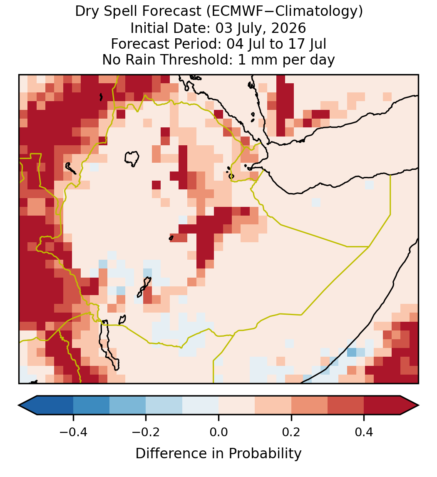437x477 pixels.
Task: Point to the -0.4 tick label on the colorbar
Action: pyautogui.click(x=73, y=432)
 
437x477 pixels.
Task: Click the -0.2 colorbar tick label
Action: pyautogui.click(x=146, y=432)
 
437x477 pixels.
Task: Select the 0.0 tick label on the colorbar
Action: pyautogui.click(x=218, y=432)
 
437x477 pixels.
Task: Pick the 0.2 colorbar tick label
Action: pyautogui.click(x=291, y=432)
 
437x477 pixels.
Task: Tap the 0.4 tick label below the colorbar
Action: pyautogui.click(x=364, y=432)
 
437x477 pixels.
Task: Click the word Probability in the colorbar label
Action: pyautogui.click(x=265, y=454)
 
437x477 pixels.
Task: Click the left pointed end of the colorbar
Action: pyautogui.click(x=19, y=405)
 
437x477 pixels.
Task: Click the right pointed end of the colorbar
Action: pyautogui.click(x=419, y=405)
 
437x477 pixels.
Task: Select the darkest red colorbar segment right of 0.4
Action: pyautogui.click(x=382, y=405)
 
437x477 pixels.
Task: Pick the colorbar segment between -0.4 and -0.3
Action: pyautogui.click(x=91, y=405)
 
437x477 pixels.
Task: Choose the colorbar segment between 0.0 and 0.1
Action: pyautogui.click(x=236, y=405)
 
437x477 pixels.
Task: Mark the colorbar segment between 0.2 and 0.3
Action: pyautogui.click(x=309, y=405)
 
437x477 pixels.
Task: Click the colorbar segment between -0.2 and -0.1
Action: pyautogui.click(x=164, y=405)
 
